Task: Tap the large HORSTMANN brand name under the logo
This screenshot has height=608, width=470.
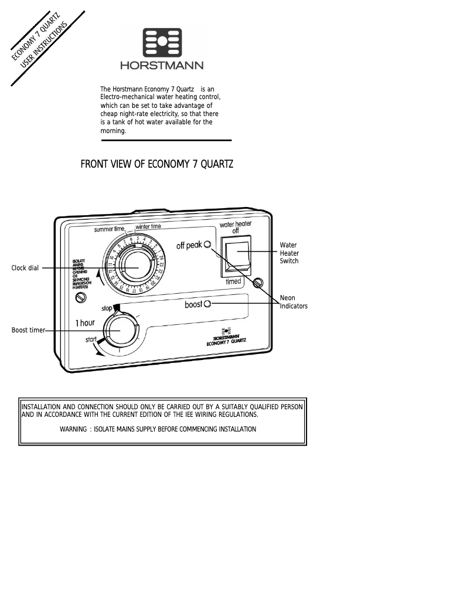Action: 162,66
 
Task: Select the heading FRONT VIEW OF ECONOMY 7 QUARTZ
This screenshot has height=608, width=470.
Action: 156,164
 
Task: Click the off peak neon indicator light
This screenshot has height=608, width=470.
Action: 207,244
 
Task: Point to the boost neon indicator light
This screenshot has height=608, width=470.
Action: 207,304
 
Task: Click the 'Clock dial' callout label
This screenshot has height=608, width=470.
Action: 25,269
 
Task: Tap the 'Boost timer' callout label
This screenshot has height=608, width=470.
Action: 28,330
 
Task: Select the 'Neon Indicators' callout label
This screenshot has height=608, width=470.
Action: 294,302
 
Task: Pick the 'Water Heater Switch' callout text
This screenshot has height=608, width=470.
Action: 289,253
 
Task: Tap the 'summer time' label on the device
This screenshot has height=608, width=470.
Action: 109,229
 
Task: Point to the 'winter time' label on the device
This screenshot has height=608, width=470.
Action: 148,226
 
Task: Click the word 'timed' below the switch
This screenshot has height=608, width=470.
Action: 234,281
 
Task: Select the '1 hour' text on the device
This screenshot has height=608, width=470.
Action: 85,323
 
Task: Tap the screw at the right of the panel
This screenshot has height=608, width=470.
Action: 257,283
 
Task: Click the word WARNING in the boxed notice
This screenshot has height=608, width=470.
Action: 73,429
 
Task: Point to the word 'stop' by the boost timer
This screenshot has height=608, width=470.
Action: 106,308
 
